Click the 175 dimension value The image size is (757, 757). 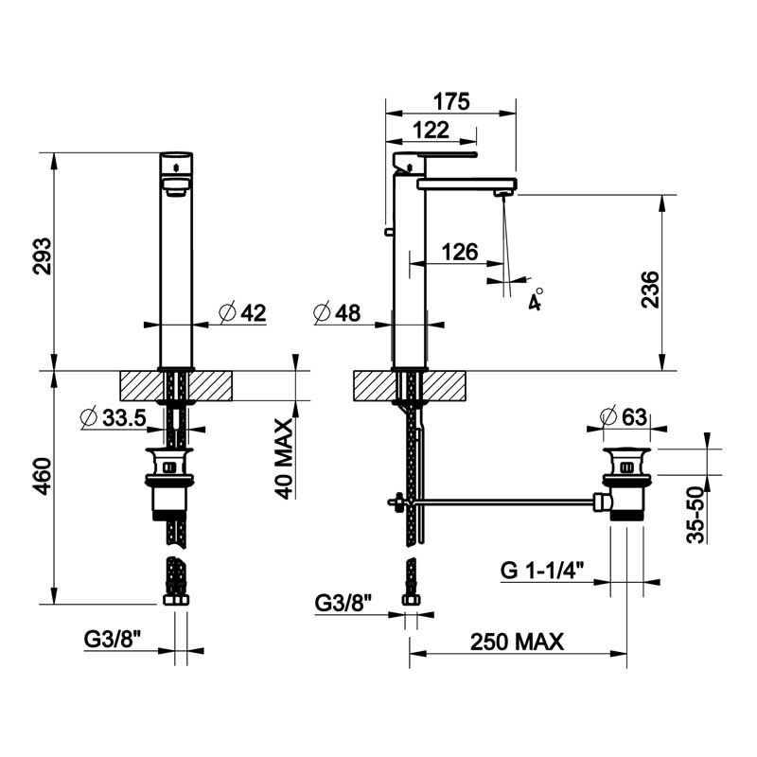(x=451, y=101)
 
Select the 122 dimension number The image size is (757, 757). (x=431, y=131)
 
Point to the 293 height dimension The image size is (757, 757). (x=42, y=255)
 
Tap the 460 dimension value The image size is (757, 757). (x=42, y=476)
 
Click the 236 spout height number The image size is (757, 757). (x=650, y=290)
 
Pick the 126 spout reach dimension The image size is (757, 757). (x=460, y=252)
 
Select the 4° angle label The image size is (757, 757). (x=536, y=299)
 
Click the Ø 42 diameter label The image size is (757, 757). (x=242, y=313)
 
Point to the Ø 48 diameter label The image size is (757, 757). (x=337, y=313)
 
